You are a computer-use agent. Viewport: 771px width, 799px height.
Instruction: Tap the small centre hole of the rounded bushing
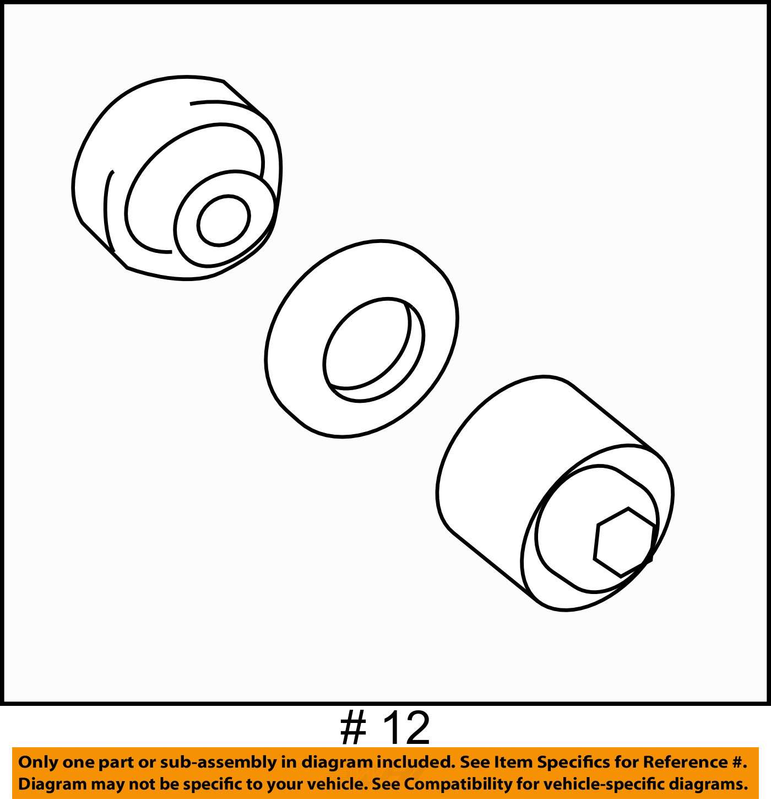click(224, 220)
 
